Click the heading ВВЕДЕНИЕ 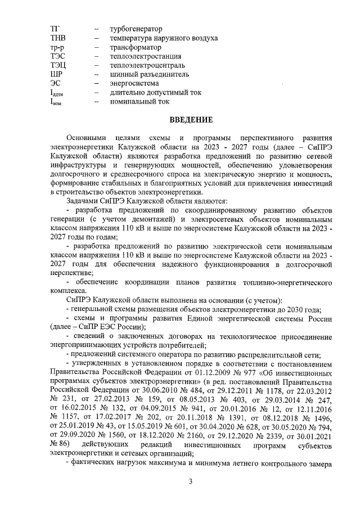click(x=191, y=120)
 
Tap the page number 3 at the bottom click(x=191, y=481)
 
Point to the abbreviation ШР click(x=56, y=74)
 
